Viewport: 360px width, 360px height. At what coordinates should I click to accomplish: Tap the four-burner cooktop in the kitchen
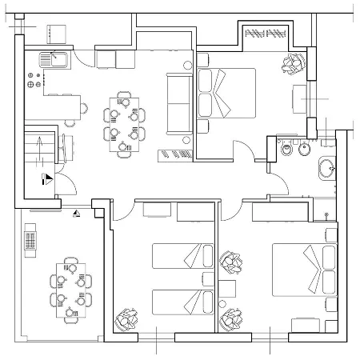click(34, 80)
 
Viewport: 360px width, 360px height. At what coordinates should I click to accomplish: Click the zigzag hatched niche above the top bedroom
click(265, 34)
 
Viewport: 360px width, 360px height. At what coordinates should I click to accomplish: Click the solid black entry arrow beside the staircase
click(49, 180)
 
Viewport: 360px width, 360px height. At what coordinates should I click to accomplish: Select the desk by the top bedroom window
click(302, 100)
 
